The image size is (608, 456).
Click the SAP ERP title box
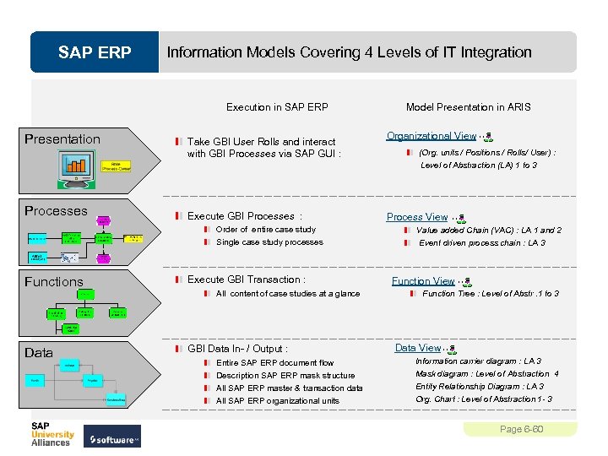point(95,52)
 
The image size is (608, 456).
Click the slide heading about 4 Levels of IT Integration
point(349,52)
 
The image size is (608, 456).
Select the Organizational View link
point(432,136)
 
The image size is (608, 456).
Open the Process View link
point(417,217)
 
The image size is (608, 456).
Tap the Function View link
point(423,281)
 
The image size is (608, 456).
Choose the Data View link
point(418,348)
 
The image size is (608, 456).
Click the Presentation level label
point(62,139)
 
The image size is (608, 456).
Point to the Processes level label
point(56,211)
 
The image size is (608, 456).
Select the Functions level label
point(54,282)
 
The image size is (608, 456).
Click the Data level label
point(39,353)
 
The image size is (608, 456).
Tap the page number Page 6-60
point(521,429)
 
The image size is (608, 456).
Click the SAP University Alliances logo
point(52,433)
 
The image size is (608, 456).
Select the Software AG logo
point(114,439)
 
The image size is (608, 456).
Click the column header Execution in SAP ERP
point(277,107)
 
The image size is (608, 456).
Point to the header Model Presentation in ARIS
point(468,107)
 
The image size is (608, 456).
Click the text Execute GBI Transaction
point(246,280)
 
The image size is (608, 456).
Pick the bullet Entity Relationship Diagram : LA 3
point(479,387)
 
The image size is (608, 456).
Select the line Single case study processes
point(269,242)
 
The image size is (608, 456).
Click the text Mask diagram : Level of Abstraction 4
point(486,374)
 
